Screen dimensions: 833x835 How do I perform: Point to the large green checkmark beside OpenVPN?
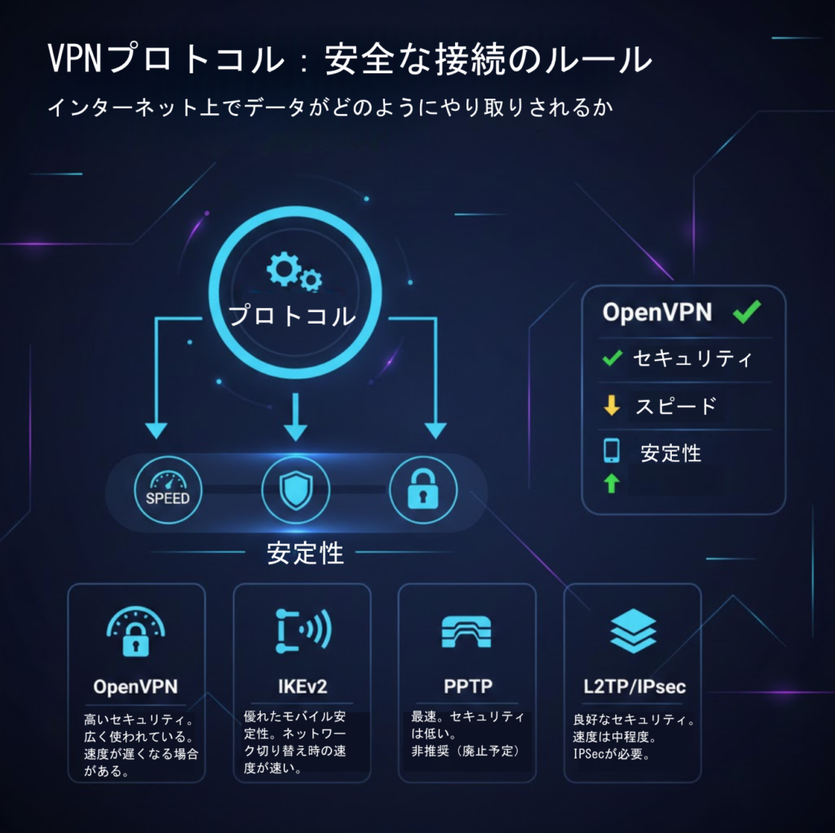point(747,311)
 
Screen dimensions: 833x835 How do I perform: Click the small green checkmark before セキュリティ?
point(612,358)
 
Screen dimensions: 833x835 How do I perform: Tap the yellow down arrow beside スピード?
point(612,405)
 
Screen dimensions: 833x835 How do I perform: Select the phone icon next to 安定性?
point(612,451)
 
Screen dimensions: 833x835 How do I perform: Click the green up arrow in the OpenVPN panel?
point(612,484)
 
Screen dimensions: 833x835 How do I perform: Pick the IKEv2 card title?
point(302,686)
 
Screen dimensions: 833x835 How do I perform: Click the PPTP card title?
point(468,686)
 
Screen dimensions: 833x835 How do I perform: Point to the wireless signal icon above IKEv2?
point(302,629)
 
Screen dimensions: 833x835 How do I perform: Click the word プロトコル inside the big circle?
point(292,316)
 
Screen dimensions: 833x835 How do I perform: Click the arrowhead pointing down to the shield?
point(295,431)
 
